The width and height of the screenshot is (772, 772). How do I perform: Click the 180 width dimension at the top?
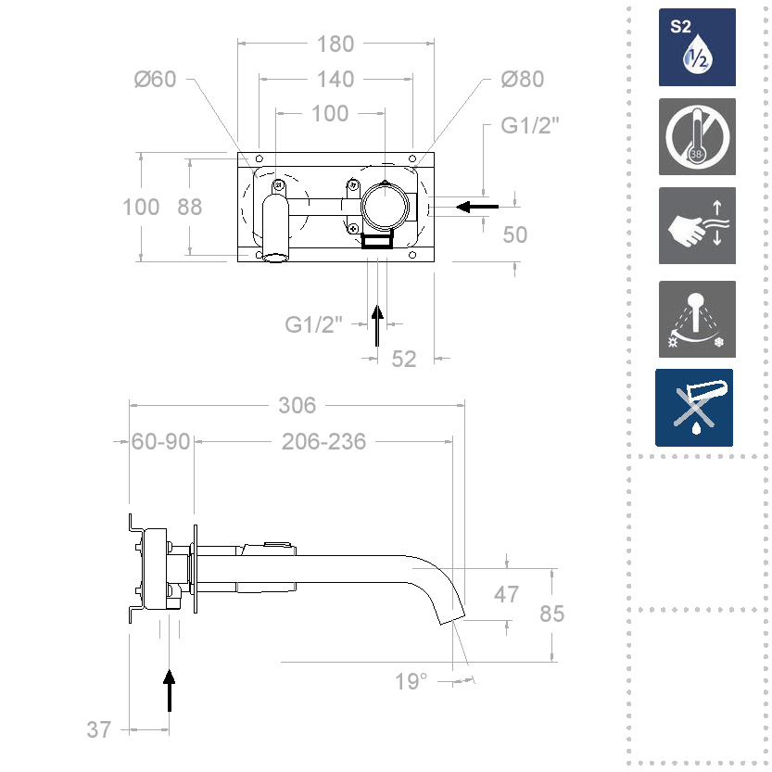pyautogui.click(x=335, y=44)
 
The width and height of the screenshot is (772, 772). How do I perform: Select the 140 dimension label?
pyautogui.click(x=335, y=79)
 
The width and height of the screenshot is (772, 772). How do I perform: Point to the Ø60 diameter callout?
pyautogui.click(x=155, y=79)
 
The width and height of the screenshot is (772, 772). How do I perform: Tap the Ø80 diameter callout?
pyautogui.click(x=523, y=79)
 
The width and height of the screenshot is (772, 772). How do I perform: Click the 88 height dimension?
pyautogui.click(x=190, y=207)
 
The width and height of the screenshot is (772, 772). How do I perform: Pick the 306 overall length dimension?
pyautogui.click(x=297, y=405)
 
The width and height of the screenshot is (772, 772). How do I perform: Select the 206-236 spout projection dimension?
pyautogui.click(x=324, y=442)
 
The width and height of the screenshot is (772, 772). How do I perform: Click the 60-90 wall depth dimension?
pyautogui.click(x=160, y=442)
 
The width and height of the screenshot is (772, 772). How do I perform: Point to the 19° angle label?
pyautogui.click(x=411, y=681)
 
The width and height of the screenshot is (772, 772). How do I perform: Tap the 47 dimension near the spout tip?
pyautogui.click(x=506, y=594)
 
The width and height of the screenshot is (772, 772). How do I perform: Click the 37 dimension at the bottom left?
pyautogui.click(x=99, y=729)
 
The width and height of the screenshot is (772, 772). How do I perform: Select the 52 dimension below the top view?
pyautogui.click(x=404, y=359)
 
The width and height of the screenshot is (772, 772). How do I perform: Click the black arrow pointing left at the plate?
pyautogui.click(x=477, y=207)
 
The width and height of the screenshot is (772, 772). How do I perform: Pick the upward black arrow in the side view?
pyautogui.click(x=170, y=690)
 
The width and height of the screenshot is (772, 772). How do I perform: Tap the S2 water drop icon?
pyautogui.click(x=697, y=47)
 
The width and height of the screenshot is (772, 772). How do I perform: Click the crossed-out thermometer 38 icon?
pyautogui.click(x=697, y=136)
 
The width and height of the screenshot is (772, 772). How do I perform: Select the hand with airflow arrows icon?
pyautogui.click(x=697, y=225)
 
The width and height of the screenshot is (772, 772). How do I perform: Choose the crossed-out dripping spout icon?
pyautogui.click(x=694, y=408)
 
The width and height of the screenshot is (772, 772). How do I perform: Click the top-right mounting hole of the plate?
pyautogui.click(x=412, y=158)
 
